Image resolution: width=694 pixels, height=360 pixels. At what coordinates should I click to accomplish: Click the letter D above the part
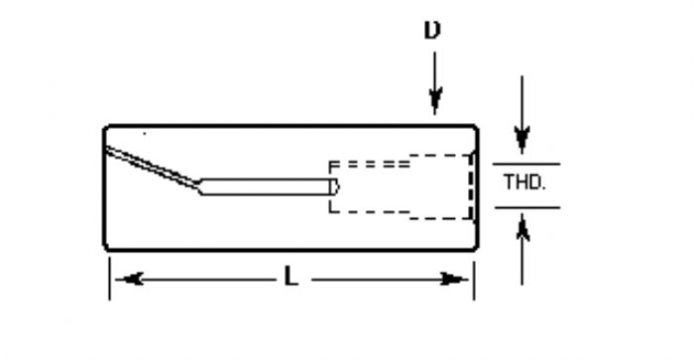click(x=432, y=31)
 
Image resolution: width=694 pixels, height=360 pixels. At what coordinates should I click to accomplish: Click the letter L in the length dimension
click(x=290, y=277)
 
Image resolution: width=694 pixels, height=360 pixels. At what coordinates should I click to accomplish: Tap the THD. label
click(x=524, y=182)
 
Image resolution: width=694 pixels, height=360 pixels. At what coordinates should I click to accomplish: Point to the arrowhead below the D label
click(x=435, y=101)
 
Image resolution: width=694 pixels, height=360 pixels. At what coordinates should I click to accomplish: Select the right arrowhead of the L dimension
click(x=454, y=280)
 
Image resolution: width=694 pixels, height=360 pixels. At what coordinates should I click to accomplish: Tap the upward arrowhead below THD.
click(x=522, y=228)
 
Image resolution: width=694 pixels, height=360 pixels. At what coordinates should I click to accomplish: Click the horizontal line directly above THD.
click(x=526, y=164)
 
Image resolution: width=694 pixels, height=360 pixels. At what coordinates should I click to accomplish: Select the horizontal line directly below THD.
click(x=527, y=207)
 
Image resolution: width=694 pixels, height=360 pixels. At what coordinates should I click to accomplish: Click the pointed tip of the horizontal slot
click(x=338, y=186)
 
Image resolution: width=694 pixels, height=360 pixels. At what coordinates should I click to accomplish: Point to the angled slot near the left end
click(x=152, y=167)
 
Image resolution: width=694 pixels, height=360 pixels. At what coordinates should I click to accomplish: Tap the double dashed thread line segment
click(x=380, y=165)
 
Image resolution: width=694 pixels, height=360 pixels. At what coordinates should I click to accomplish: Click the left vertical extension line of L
click(x=110, y=279)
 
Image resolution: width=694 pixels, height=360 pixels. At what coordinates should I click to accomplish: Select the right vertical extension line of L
click(x=474, y=281)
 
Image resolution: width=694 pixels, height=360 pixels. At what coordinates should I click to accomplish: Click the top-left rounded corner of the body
click(x=106, y=128)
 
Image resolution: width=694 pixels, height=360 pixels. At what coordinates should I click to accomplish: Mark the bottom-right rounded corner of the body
click(x=475, y=247)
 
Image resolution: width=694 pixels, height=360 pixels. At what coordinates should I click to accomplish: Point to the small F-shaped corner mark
click(x=333, y=167)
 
